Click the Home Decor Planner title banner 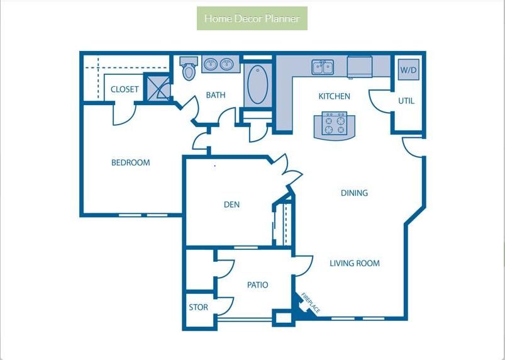point(252,18)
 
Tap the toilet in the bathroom point(189,69)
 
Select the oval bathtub point(258,84)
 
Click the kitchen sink point(323,67)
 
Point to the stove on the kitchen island point(335,123)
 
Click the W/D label point(408,70)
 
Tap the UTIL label point(406,101)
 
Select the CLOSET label point(125,89)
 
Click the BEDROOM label point(130,162)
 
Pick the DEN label point(231,205)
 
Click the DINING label point(354,193)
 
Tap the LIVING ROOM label point(355,263)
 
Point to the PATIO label point(258,285)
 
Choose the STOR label point(198,307)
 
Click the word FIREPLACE point(311,303)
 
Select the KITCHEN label point(335,96)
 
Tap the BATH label point(216,95)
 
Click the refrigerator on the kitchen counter point(360,67)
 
